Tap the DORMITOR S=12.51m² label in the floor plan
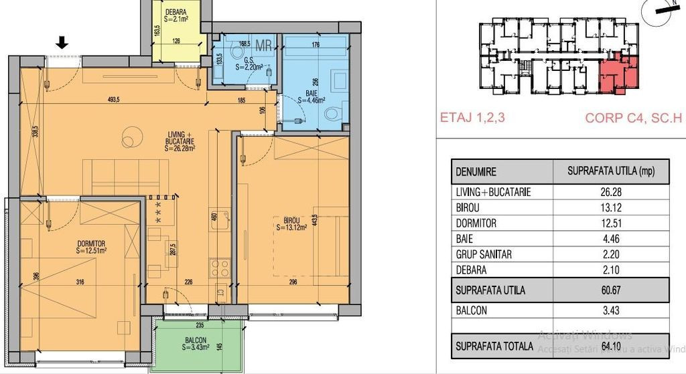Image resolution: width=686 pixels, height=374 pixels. pos(92,247)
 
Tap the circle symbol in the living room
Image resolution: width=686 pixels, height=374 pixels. pos(132,139)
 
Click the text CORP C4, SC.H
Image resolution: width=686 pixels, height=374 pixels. pos(632,118)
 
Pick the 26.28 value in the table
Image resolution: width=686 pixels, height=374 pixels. pos(611,192)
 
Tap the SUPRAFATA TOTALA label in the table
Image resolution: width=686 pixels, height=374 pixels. pos(494,346)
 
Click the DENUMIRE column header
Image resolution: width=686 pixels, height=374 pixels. pos(476,171)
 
